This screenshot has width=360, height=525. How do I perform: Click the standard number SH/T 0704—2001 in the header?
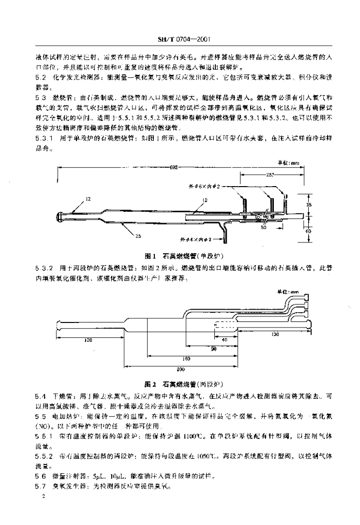point(184,39)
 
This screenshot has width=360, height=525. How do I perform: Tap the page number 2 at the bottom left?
point(44,496)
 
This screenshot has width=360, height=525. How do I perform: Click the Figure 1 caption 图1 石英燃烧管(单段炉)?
point(184,255)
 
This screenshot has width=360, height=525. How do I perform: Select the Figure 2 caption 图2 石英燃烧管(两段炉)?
point(184,383)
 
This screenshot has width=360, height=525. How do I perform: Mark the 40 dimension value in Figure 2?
point(225,340)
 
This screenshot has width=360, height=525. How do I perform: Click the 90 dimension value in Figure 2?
point(214,349)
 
